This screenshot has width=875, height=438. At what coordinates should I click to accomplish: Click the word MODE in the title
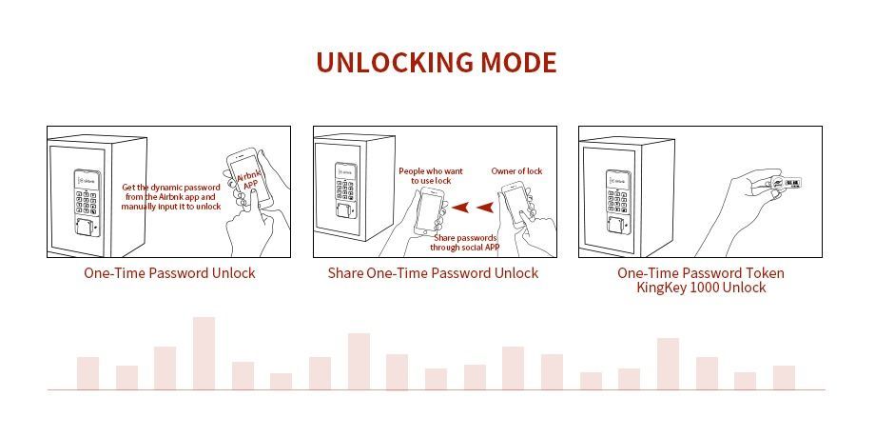pos(517,63)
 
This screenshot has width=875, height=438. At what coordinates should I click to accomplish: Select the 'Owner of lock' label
pos(516,171)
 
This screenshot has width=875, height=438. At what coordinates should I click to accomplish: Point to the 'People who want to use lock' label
pos(430,176)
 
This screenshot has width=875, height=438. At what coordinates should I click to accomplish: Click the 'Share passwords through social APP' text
pos(464,242)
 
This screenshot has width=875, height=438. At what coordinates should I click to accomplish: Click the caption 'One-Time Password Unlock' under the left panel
pos(169,273)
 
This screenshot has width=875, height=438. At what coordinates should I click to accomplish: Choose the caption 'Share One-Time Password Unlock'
pos(433,273)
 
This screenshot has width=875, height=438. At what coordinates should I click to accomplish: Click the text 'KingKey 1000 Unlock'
pos(701,288)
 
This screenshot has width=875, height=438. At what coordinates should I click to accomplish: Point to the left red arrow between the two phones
pos(460,208)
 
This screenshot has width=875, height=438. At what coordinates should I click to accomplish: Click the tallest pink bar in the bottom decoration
pos(204,353)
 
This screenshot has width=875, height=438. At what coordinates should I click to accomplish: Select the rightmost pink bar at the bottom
pos(784,378)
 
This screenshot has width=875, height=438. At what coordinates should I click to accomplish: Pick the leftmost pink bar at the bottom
pos(87,373)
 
